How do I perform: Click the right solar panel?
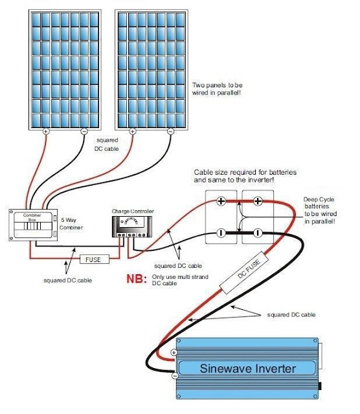coord(151,68)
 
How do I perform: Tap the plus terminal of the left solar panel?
coord(46,131)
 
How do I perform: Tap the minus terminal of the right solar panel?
coord(170,131)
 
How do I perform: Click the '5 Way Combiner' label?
coord(73,223)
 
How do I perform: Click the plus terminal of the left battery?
coord(221,202)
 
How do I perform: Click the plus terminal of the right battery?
coord(258,202)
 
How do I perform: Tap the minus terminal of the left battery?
coord(221,232)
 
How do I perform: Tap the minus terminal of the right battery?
coord(258,232)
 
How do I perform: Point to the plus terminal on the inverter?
coord(174,353)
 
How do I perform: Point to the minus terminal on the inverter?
coord(174,375)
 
